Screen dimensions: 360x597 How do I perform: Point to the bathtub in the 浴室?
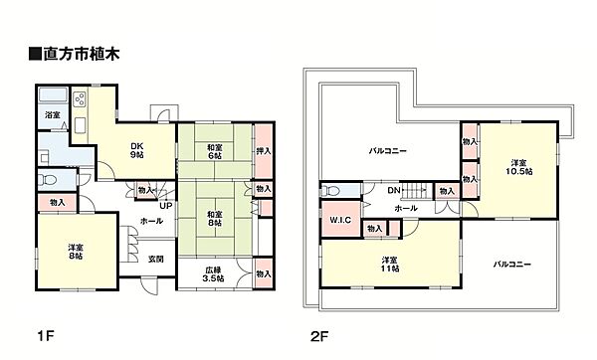pos(54,97)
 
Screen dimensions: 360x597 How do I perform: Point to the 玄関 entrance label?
pos(157,260)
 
